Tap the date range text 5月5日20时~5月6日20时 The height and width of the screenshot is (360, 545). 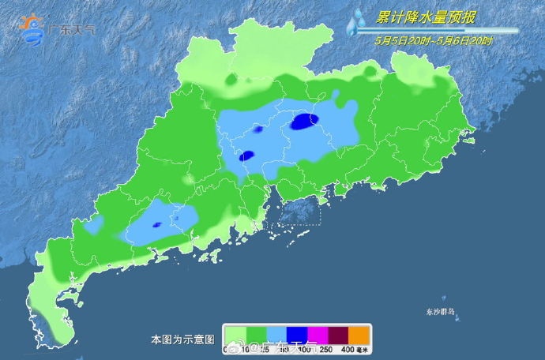(435, 40)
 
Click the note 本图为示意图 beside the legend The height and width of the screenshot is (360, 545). (182, 339)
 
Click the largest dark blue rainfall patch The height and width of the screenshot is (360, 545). (304, 121)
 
